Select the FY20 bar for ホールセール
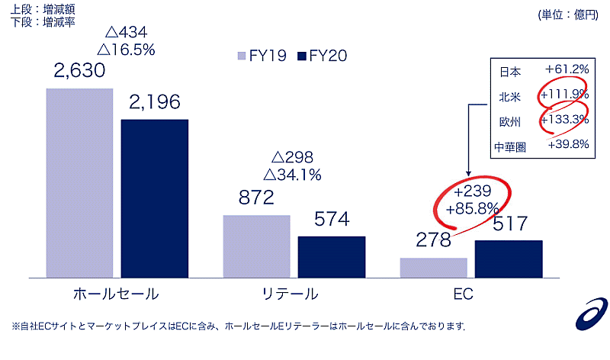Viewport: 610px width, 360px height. point(155,198)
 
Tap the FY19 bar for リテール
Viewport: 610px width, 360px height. point(256,246)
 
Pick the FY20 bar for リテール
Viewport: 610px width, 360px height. point(332,256)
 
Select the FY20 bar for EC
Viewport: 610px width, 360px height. point(509,259)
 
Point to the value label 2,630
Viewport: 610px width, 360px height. point(79,72)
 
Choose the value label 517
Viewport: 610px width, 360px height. point(509,225)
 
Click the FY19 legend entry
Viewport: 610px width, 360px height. point(262,56)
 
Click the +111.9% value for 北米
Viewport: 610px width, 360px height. point(563,95)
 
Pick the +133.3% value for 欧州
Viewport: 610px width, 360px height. point(563,119)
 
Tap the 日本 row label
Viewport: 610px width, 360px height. point(511,72)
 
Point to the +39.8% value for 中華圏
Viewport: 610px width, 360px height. point(567,145)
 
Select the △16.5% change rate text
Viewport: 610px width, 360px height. point(127,50)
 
